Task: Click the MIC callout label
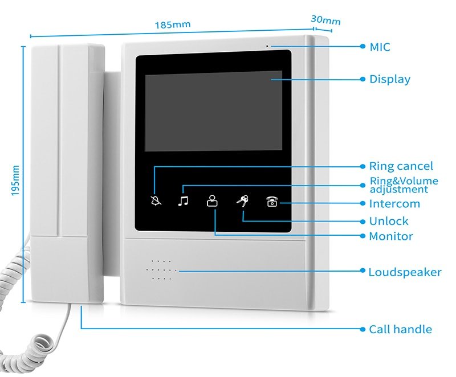tap(380, 47)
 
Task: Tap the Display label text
tap(389, 79)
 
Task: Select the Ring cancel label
tap(401, 166)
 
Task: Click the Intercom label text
tap(394, 203)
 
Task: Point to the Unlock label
tap(388, 221)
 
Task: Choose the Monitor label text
tap(390, 236)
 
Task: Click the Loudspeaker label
tap(404, 272)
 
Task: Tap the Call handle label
tap(400, 329)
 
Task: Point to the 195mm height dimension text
tap(15, 181)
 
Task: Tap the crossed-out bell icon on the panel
tap(156, 200)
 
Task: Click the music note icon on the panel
tap(182, 200)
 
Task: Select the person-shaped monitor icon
tap(212, 200)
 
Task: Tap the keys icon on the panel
tap(242, 200)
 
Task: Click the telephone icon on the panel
tap(272, 201)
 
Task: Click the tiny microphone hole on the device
tap(266, 45)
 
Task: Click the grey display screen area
tap(213, 110)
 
